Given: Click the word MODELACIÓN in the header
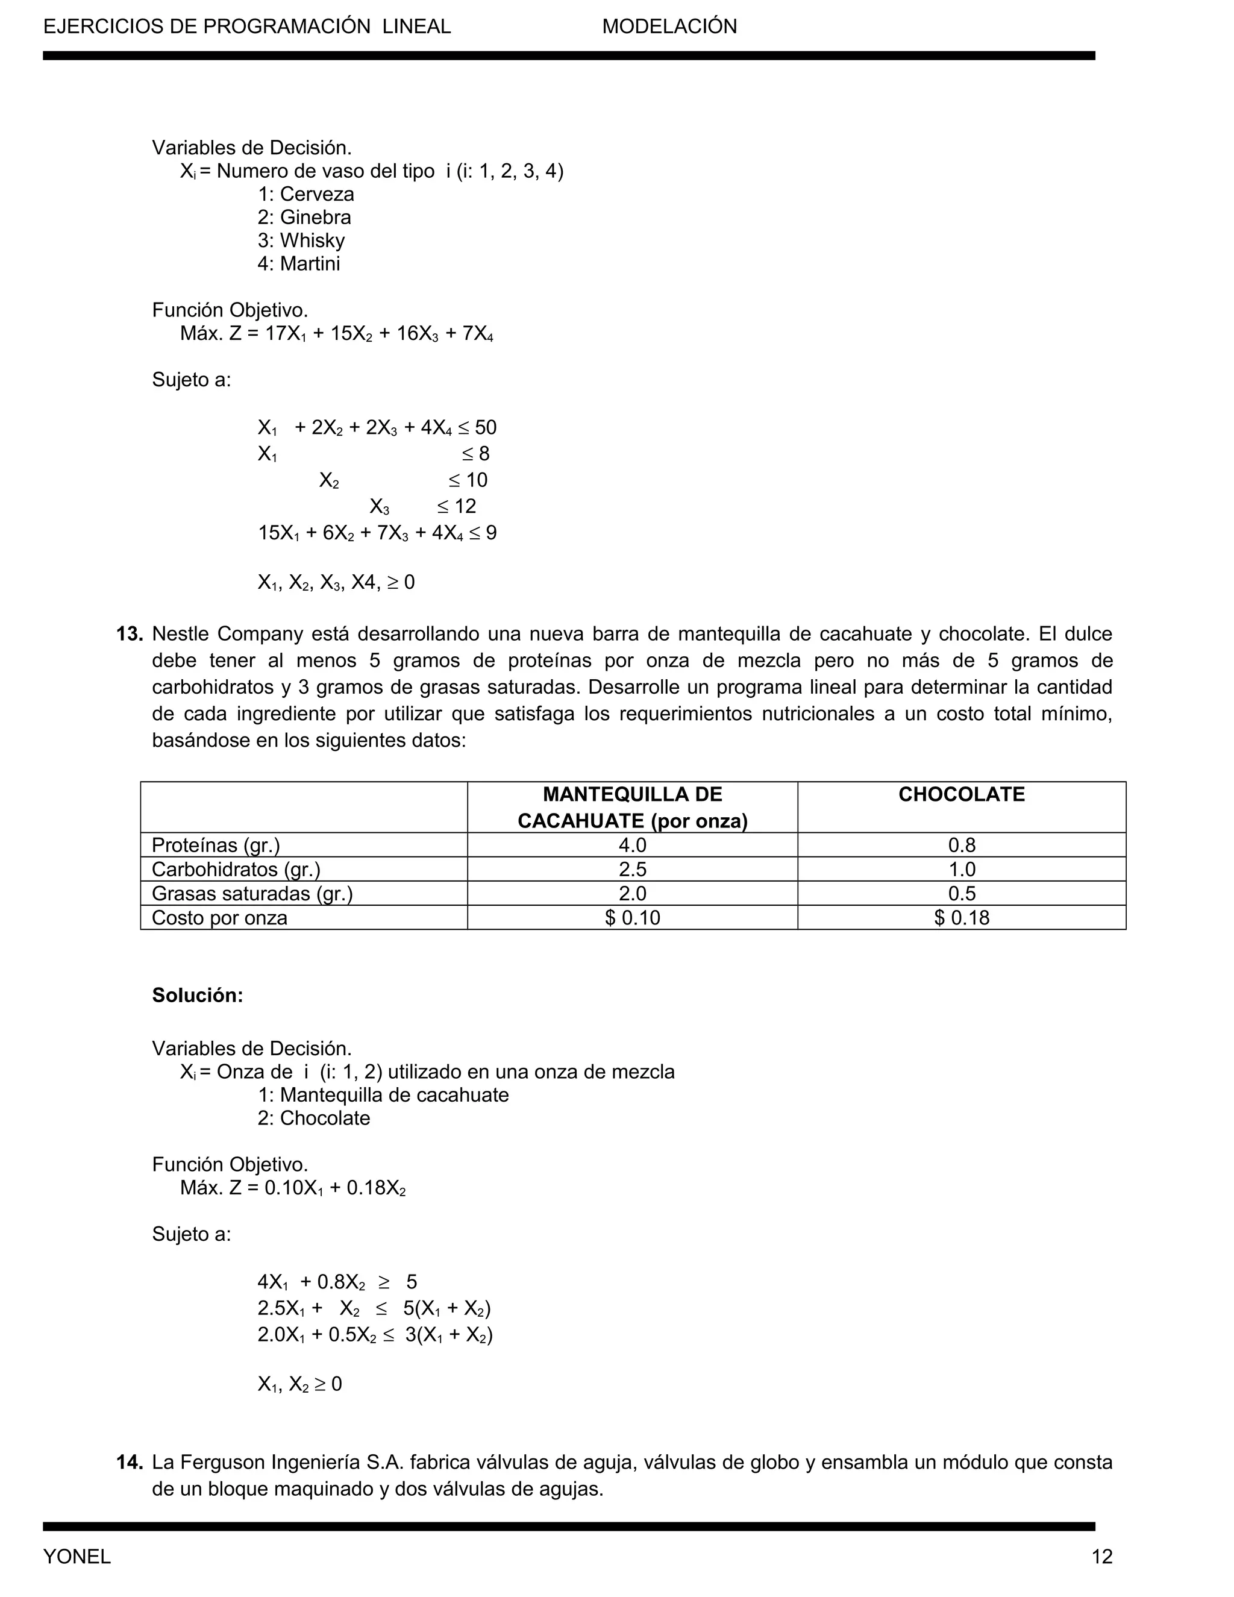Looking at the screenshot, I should coord(669,27).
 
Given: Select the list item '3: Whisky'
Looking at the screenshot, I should coord(301,240).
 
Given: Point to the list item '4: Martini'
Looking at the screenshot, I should coord(298,264).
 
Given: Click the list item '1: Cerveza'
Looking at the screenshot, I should coord(305,195).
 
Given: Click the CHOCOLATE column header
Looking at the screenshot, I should coord(960,795).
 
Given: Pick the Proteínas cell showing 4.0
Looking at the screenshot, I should coord(631,846).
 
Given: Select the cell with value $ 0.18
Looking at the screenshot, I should coord(960,918).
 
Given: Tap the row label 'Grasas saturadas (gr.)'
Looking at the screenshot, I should coord(252,894).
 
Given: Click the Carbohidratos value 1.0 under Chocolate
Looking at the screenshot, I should coord(960,870).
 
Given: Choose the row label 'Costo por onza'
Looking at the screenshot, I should coord(219,918).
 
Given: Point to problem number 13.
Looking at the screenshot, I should coord(130,634).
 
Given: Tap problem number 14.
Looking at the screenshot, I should coord(130,1463).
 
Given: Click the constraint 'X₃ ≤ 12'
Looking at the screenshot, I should coord(422,507).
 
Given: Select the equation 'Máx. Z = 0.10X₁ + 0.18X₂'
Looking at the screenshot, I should coord(292,1188).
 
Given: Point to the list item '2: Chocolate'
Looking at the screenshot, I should coord(313,1118).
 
